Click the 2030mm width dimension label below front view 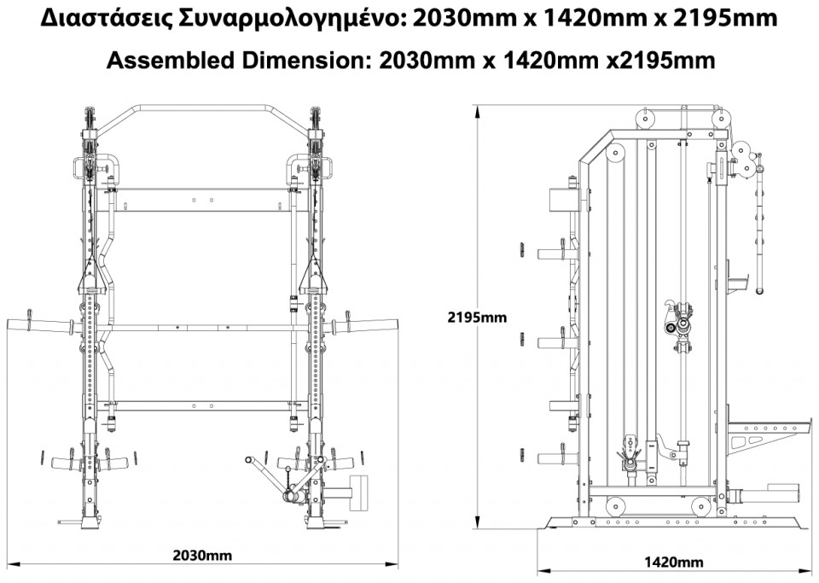click(202, 556)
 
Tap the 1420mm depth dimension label click(673, 563)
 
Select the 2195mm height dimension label click(477, 317)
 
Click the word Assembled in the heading click(171, 61)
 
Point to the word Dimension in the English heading click(303, 61)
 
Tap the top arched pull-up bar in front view click(203, 107)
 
